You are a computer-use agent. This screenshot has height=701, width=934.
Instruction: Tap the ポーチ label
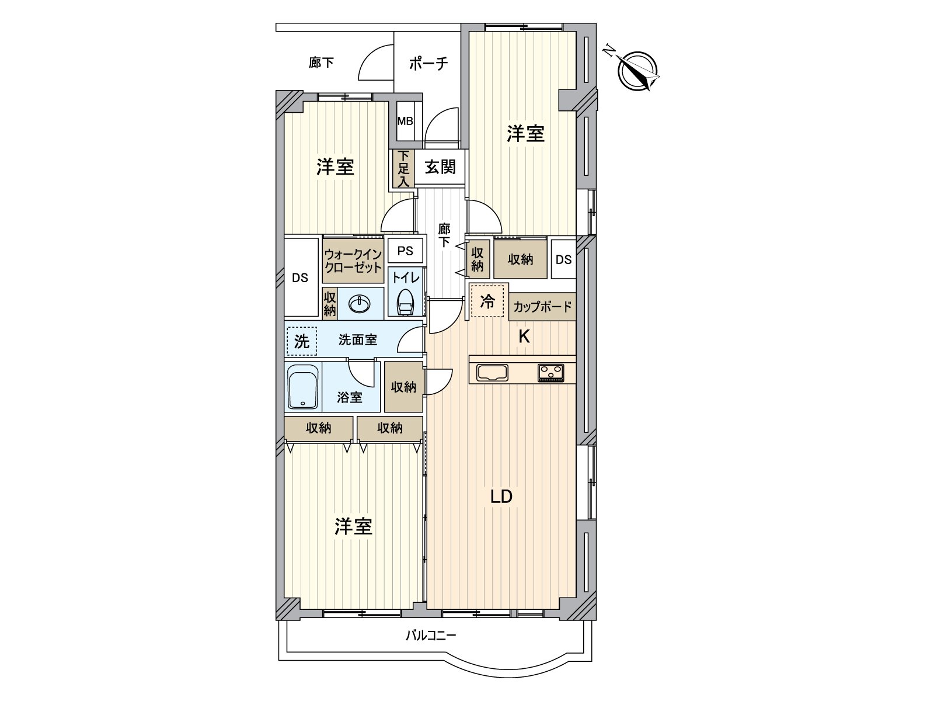(x=428, y=63)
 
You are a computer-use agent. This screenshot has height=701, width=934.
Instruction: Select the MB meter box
(x=405, y=122)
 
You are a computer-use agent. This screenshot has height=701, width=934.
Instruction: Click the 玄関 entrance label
(x=440, y=168)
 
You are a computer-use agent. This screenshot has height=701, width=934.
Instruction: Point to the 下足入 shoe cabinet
(x=403, y=169)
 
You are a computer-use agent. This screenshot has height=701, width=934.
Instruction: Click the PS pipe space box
(x=405, y=251)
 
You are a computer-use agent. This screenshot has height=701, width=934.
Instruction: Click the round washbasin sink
(x=359, y=304)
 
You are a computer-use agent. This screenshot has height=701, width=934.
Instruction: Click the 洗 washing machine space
(x=301, y=341)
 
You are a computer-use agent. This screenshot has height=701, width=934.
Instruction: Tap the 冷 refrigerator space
(x=487, y=302)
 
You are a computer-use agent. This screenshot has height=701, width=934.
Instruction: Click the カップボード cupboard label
(x=542, y=307)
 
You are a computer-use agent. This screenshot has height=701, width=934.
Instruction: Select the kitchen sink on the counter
(x=493, y=372)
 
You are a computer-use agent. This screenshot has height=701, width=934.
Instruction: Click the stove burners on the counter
(x=551, y=372)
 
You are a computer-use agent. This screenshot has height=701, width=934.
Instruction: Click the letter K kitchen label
(x=524, y=336)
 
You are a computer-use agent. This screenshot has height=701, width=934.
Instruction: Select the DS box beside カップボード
(x=563, y=259)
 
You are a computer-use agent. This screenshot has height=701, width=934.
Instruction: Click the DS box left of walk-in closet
(x=300, y=278)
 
